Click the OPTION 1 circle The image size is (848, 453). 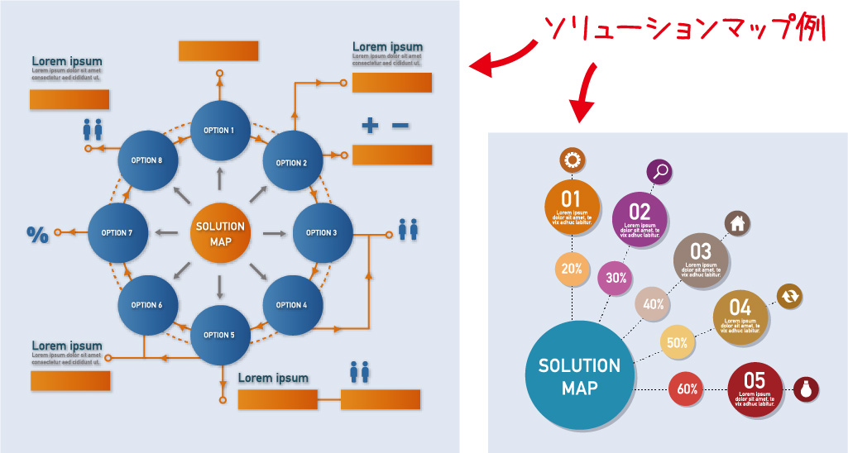click(x=219, y=131)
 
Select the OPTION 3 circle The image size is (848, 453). click(x=323, y=233)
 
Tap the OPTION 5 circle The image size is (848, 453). click(x=220, y=335)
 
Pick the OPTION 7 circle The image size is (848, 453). click(x=117, y=233)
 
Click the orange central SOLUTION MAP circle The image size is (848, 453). click(x=220, y=233)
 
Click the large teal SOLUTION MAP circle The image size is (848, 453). click(x=579, y=376)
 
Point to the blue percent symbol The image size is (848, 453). click(x=37, y=234)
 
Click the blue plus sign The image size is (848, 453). click(x=370, y=126)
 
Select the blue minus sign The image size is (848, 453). click(x=400, y=126)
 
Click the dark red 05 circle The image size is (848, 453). click(x=755, y=388)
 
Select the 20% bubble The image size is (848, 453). click(x=572, y=269)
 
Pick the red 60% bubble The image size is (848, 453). click(x=688, y=389)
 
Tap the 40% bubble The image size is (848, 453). click(x=654, y=304)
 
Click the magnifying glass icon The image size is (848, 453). click(x=659, y=171)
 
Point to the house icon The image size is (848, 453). click(x=737, y=222)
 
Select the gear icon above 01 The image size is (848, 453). click(x=572, y=160)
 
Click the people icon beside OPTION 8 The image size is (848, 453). click(x=93, y=129)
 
